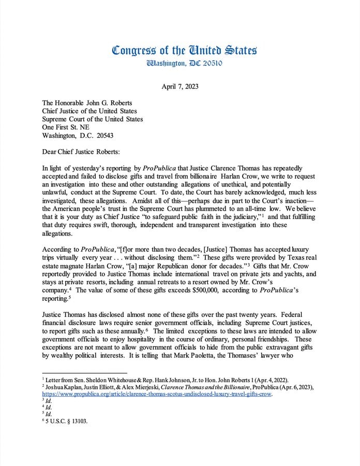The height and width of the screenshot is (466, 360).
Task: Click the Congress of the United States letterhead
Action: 184,50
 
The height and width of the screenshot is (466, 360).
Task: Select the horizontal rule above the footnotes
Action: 84,373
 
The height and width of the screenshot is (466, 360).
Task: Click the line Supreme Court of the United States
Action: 93,119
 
